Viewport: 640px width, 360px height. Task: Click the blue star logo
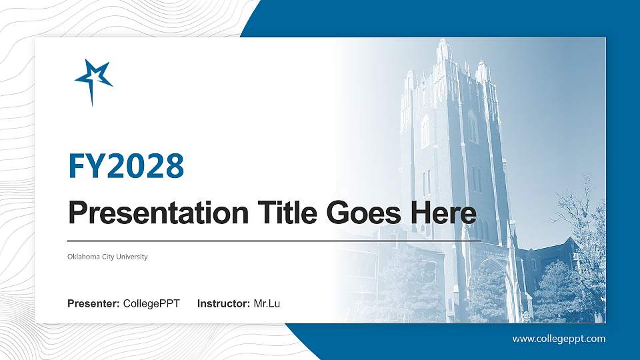coord(93,79)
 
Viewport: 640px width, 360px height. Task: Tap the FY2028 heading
coord(126,166)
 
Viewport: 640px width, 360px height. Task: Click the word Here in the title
coord(443,213)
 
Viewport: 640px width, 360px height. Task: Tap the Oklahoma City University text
coord(107,257)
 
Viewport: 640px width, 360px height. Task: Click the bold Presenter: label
coord(93,304)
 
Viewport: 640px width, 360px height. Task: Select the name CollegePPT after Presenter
coord(151,304)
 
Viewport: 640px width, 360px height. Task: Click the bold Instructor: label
coord(224,304)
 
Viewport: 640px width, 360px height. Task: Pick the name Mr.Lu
coord(267,304)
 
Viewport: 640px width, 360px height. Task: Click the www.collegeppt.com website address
coord(559,339)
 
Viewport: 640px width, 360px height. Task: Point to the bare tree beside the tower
coord(580,213)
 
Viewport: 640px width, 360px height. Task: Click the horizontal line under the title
coord(274,240)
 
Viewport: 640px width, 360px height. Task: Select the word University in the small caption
coord(133,257)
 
